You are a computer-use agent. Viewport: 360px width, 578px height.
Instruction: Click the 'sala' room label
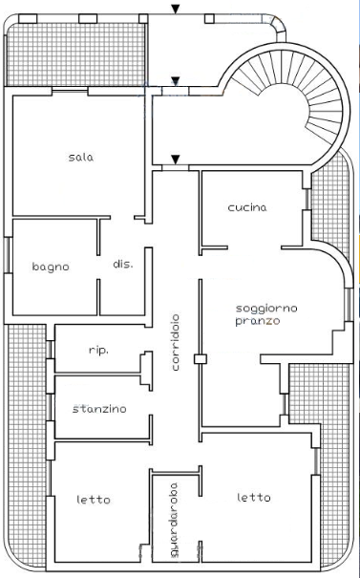(81, 158)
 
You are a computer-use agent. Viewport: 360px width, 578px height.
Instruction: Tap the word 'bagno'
(51, 267)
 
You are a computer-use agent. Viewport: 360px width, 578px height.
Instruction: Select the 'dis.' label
(123, 264)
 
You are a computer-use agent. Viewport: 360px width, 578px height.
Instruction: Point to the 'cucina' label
(247, 207)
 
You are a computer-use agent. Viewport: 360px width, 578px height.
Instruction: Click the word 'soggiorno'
(266, 309)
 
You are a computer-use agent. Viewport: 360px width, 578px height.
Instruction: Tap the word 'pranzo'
(258, 321)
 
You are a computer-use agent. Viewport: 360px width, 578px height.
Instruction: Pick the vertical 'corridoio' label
(176, 342)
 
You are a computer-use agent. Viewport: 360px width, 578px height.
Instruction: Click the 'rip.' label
(98, 351)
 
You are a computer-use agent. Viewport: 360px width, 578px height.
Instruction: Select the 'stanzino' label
(99, 409)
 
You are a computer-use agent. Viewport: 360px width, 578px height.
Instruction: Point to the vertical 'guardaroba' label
(174, 520)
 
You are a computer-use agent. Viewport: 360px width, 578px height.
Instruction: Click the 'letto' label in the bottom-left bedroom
(94, 500)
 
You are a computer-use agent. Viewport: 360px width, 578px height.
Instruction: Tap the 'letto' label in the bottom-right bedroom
(253, 498)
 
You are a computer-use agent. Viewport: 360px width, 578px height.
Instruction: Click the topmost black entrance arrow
(176, 10)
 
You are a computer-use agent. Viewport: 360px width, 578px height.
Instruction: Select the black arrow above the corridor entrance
(176, 160)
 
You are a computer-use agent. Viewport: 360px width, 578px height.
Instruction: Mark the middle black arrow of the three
(176, 81)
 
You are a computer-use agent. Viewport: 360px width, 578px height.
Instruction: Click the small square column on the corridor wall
(201, 358)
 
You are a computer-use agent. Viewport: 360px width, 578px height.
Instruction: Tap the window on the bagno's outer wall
(8, 255)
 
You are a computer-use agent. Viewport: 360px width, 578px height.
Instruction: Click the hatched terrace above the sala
(76, 54)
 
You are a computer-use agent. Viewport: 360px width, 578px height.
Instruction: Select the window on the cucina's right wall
(307, 199)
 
